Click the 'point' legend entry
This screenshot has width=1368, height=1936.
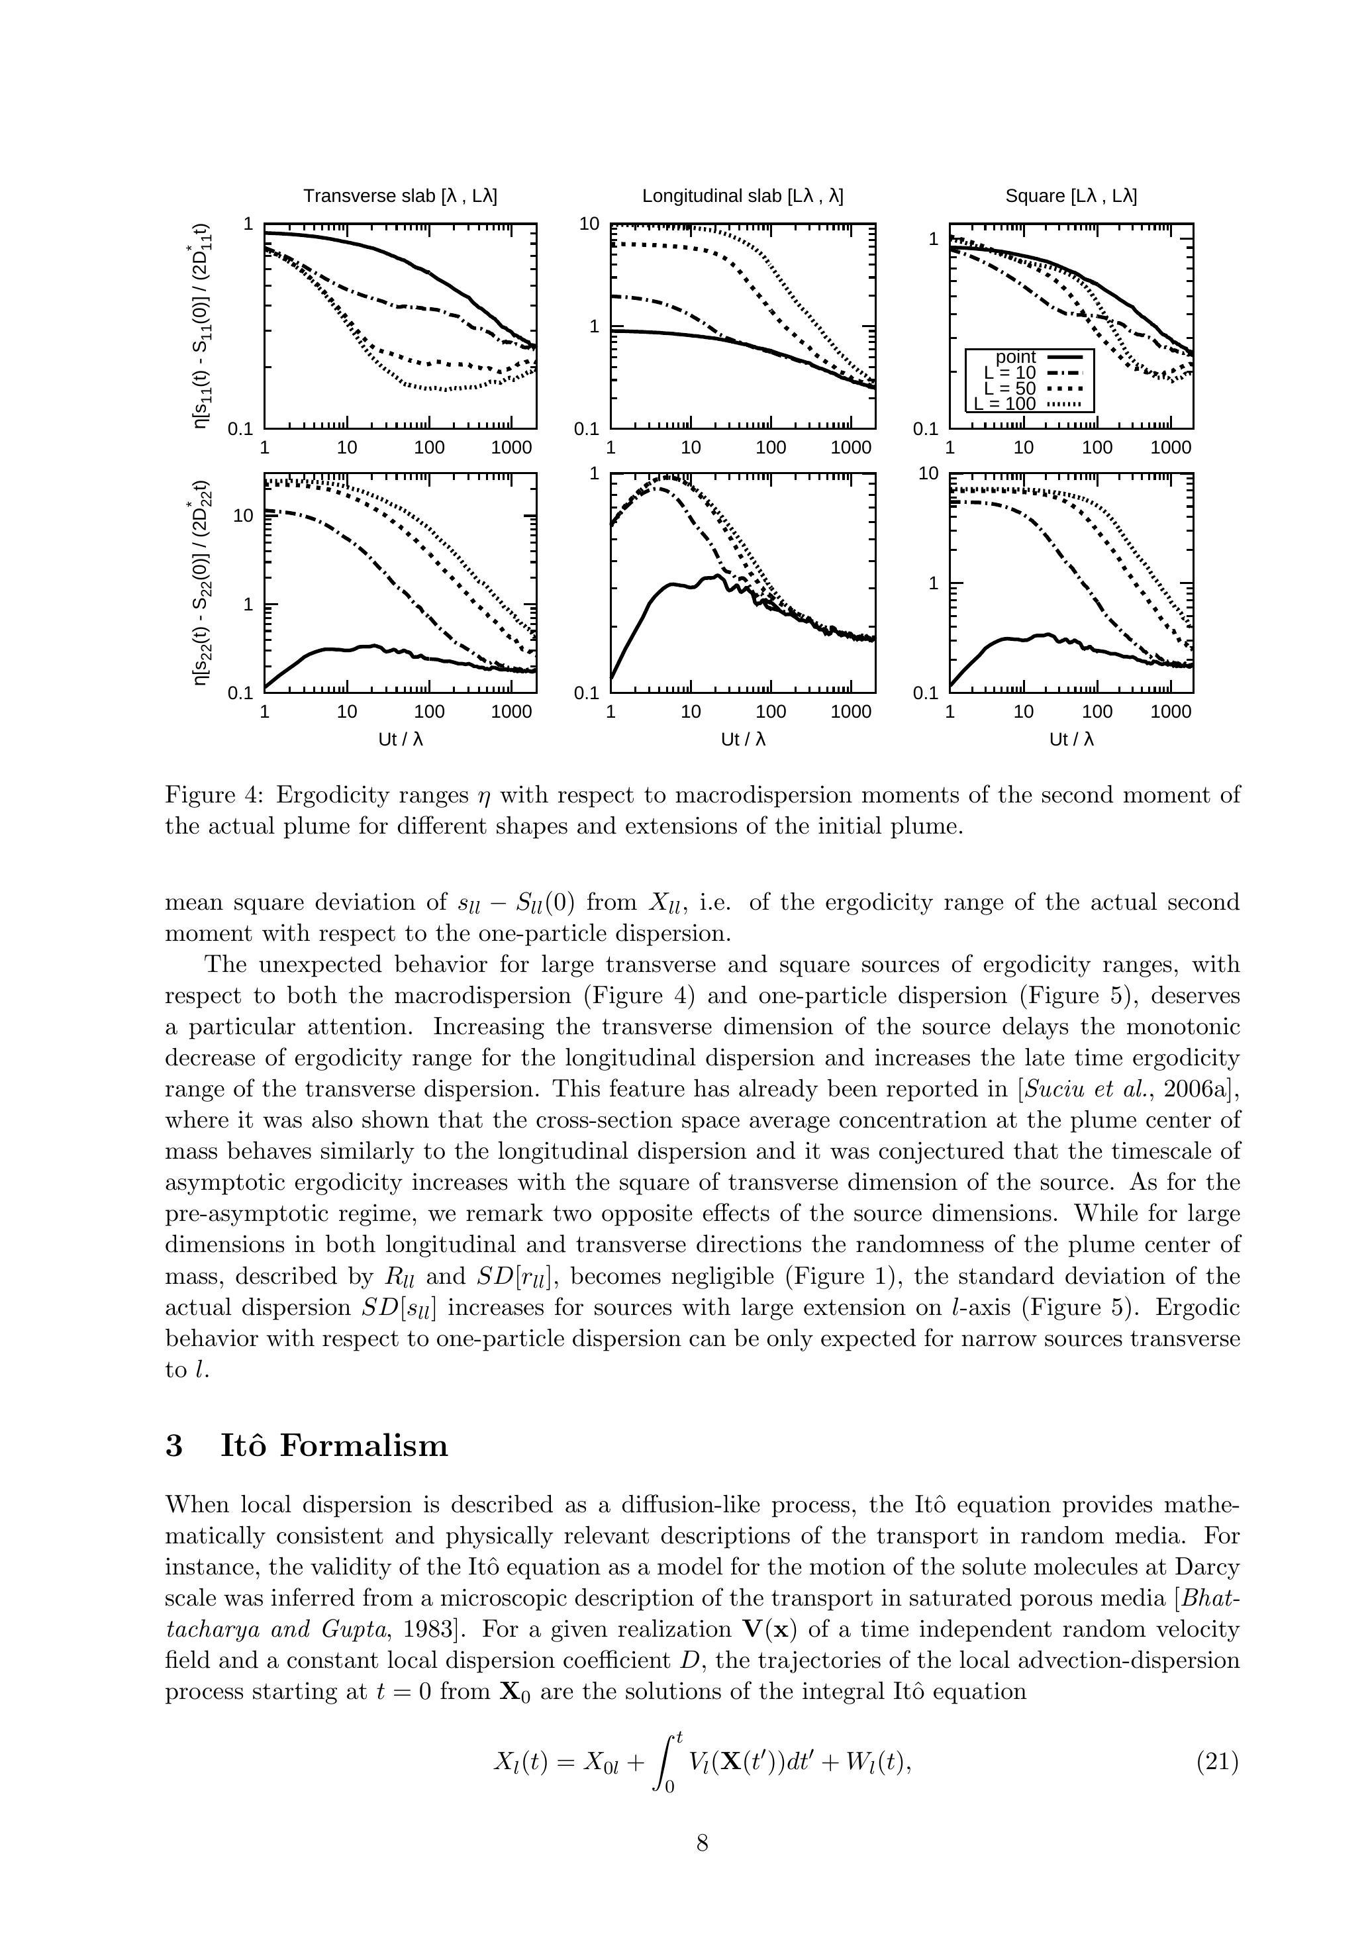tap(1016, 358)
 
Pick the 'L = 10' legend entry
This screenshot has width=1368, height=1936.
tap(1010, 373)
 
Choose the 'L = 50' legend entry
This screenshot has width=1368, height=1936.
tap(1010, 389)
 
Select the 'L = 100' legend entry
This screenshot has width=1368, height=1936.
tap(1004, 404)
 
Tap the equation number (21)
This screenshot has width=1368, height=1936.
tap(1217, 1761)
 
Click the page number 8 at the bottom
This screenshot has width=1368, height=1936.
tap(702, 1844)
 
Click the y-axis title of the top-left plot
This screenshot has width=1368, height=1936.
tap(201, 326)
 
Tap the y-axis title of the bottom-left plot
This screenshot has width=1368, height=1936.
tap(201, 583)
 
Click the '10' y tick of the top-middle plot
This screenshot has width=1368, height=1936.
tap(589, 224)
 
